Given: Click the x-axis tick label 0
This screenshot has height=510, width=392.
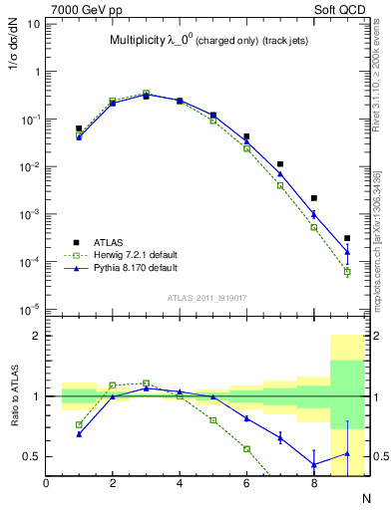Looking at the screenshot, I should [47, 483].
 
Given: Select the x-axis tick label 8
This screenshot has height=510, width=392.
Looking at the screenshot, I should [314, 483].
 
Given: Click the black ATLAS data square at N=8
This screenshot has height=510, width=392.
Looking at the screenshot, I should [314, 198].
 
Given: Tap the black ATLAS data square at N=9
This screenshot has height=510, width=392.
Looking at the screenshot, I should [347, 238].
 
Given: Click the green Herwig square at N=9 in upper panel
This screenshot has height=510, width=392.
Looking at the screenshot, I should [347, 271].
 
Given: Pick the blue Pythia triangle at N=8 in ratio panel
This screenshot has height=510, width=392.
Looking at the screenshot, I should [314, 464].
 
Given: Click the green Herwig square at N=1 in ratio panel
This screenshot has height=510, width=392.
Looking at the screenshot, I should [80, 424].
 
